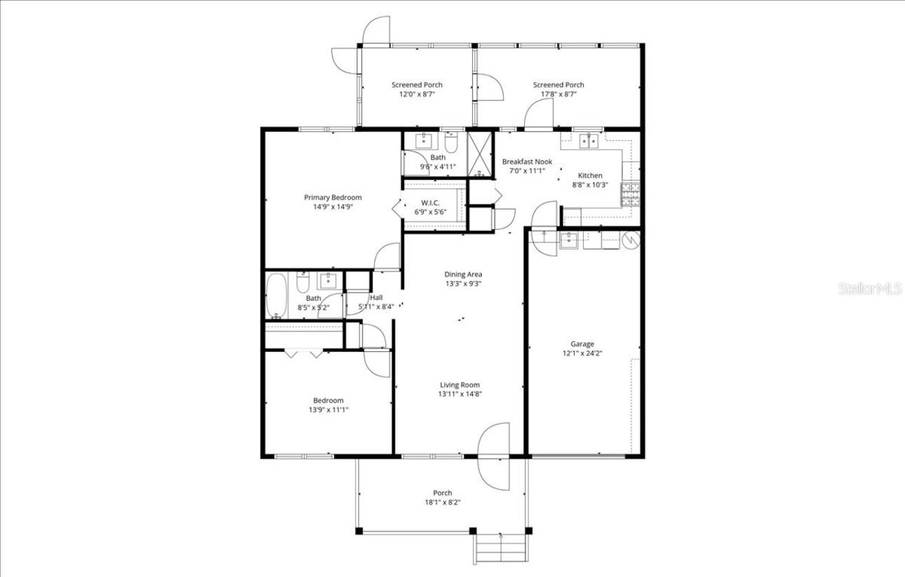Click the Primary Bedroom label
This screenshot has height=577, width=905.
click(x=333, y=198)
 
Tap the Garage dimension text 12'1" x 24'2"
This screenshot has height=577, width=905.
click(x=582, y=353)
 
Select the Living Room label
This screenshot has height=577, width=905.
click(x=460, y=384)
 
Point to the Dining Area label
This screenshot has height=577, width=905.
click(x=463, y=274)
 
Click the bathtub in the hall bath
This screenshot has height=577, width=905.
click(x=276, y=295)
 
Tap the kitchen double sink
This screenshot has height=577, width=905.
click(x=589, y=141)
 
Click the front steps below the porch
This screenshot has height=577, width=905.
click(x=501, y=548)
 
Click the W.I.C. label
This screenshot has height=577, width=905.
click(x=430, y=203)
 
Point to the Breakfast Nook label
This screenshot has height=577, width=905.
click(x=527, y=161)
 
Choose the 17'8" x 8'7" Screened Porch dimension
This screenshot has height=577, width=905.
click(x=558, y=94)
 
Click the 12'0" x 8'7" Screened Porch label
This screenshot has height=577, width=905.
click(x=417, y=85)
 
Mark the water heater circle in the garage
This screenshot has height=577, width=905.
click(x=631, y=240)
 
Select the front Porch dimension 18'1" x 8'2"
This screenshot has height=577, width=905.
click(x=442, y=502)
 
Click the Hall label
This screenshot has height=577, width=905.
click(x=376, y=297)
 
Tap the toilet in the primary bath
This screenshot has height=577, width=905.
click(x=451, y=143)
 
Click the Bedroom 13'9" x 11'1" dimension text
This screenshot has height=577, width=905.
click(x=328, y=410)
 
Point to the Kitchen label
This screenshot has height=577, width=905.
click(x=589, y=175)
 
